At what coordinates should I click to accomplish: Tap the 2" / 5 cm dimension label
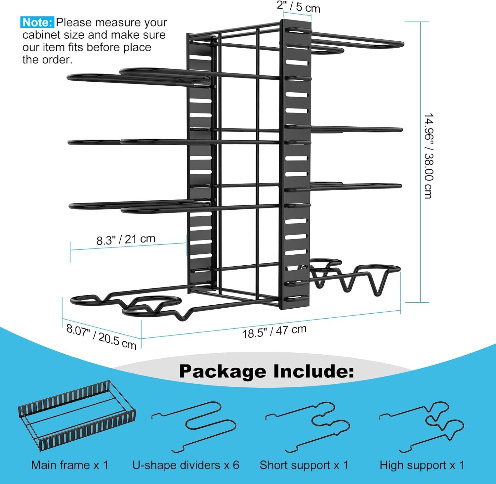coord(299,7)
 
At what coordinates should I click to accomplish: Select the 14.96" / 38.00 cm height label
coord(429,156)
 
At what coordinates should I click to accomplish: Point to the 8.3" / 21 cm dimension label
coord(126,239)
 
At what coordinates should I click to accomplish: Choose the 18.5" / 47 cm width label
coord(274,331)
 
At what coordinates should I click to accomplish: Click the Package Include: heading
coord(267,371)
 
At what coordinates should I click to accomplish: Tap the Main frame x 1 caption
coord(70,465)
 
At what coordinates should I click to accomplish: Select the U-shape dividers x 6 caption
coord(186,465)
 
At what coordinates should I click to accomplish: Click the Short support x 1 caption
coord(304,465)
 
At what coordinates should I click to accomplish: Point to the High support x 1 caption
coord(422,465)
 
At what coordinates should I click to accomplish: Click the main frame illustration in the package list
coord(77,415)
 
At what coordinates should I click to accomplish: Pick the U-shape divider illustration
coord(194,427)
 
